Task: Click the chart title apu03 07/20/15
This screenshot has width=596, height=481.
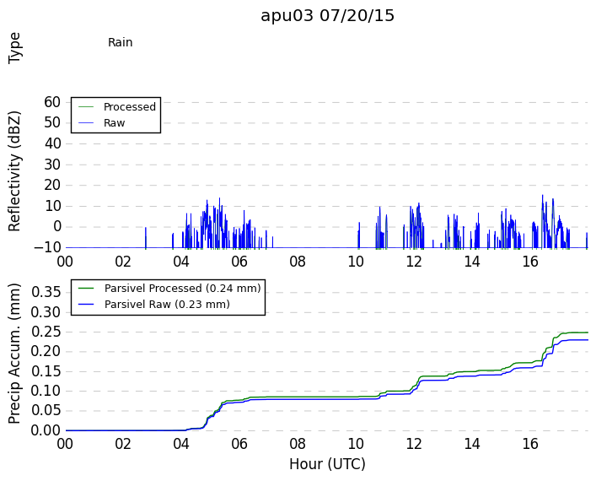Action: pos(327,16)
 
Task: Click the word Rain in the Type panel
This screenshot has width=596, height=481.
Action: pos(120,42)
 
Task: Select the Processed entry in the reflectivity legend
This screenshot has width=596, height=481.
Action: pos(130,107)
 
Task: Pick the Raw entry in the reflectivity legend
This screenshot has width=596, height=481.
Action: pos(114,123)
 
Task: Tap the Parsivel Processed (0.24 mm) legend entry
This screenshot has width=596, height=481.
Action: pos(182,289)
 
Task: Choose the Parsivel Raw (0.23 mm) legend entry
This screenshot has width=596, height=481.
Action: pos(167,305)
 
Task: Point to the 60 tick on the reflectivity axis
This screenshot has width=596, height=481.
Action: pos(52,102)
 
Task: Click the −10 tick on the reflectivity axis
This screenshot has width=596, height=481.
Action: pos(47,248)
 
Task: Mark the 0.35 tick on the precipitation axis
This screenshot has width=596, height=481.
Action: pos(46,292)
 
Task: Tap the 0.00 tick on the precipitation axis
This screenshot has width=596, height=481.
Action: pos(46,430)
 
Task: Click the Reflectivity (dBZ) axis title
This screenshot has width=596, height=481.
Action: pos(14,171)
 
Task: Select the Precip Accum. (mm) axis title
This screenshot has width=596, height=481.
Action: pos(14,354)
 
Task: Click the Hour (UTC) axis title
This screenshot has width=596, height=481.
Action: pos(327,464)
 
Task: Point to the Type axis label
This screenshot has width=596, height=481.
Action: pos(14,48)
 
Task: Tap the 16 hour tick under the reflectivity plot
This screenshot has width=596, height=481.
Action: pos(530,262)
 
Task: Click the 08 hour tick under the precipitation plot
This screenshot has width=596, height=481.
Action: pos(298,444)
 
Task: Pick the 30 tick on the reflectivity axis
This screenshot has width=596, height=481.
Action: pos(52,165)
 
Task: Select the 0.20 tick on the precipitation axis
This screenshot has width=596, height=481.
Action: pos(46,351)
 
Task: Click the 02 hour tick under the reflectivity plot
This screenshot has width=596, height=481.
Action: pos(123,262)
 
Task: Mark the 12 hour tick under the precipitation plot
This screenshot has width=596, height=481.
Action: pos(414,444)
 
